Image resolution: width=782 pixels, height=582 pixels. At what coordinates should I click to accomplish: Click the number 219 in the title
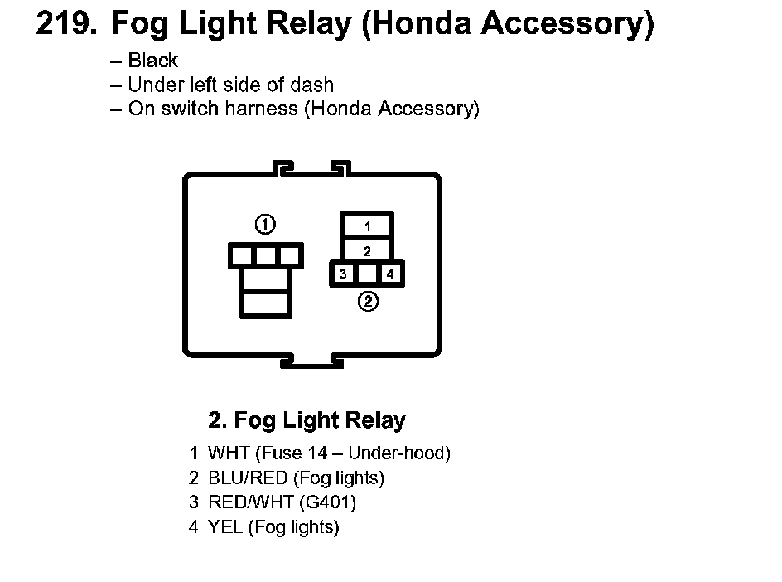[x=66, y=23]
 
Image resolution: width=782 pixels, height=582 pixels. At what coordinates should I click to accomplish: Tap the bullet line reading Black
[x=143, y=61]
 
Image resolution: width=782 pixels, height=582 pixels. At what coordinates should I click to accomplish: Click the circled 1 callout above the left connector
[x=265, y=224]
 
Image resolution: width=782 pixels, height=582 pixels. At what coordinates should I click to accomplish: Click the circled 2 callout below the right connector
[x=368, y=301]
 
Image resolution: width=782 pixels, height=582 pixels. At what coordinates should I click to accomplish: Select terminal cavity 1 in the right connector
[x=367, y=226]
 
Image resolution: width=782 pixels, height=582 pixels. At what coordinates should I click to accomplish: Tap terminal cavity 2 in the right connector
[x=367, y=250]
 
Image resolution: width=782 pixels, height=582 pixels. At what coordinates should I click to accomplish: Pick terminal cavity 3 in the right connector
[x=343, y=274]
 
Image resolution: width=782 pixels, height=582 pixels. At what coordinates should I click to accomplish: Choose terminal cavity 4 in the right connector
[x=390, y=274]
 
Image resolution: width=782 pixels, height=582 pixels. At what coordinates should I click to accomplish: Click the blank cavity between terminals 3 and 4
[x=366, y=274]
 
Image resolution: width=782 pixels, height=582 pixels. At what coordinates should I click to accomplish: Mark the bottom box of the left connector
[x=265, y=303]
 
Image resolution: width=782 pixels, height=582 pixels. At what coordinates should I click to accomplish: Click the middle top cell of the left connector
[x=265, y=256]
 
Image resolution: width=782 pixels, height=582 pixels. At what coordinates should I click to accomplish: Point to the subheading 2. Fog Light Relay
[x=307, y=420]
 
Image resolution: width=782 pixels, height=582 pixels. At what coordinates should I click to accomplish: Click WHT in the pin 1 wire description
[x=229, y=453]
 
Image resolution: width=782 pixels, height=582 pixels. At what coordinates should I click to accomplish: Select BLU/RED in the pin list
[x=248, y=478]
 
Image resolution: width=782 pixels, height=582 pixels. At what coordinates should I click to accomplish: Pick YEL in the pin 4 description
[x=225, y=526]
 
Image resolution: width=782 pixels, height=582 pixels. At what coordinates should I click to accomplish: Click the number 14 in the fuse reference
[x=317, y=453]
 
